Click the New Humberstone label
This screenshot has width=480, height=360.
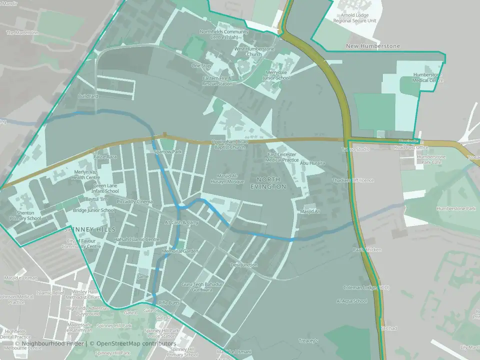[373, 46]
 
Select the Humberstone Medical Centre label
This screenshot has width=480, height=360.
[427, 77]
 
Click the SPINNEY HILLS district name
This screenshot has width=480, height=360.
[90, 229]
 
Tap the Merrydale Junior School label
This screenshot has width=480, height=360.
[276, 75]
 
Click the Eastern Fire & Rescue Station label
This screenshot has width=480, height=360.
[217, 81]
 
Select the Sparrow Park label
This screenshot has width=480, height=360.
[168, 151]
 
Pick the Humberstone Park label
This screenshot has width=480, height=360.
[455, 208]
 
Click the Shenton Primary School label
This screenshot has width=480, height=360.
[25, 215]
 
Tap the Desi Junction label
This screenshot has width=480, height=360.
[244, 264]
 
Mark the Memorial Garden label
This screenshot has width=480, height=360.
[179, 251]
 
